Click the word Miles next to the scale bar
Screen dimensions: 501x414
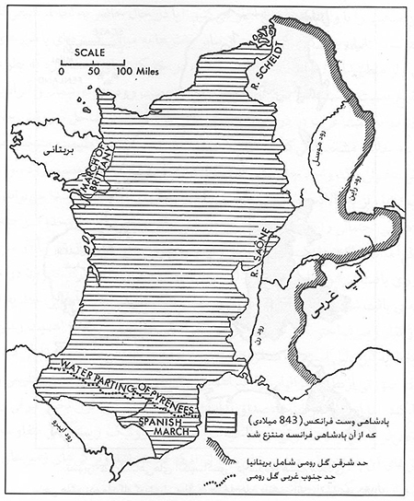pyautogui.click(x=139, y=69)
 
